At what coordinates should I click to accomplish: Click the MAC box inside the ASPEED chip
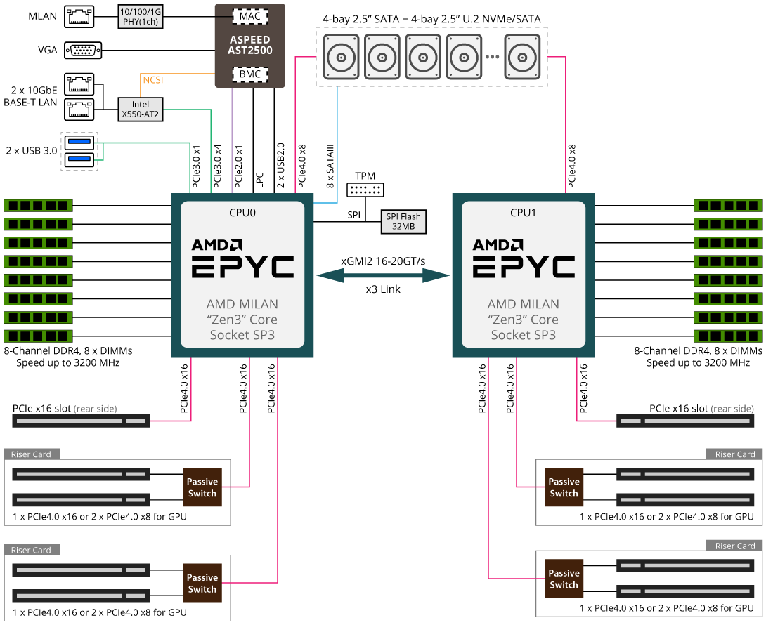[x=249, y=17]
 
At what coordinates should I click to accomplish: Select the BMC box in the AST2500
[x=249, y=74]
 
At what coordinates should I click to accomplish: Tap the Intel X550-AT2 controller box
[x=141, y=110]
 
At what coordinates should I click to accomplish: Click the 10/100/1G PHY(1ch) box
[x=141, y=17]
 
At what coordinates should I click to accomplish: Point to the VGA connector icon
[x=83, y=51]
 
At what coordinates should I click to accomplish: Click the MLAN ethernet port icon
[x=79, y=17]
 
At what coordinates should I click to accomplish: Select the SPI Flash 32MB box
[x=403, y=222]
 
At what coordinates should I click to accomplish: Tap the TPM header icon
[x=365, y=190]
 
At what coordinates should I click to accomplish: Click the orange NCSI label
[x=153, y=79]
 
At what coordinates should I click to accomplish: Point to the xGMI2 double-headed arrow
[x=383, y=276]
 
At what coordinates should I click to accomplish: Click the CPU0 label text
[x=242, y=212]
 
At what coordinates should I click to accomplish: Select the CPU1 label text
[x=524, y=212]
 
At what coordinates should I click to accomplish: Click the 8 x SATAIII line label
[x=330, y=166]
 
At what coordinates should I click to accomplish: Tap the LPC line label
[x=259, y=180]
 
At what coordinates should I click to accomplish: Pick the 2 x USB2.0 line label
[x=280, y=166]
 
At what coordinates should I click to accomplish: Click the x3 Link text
[x=383, y=289]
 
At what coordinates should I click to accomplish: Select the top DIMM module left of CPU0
[x=38, y=205]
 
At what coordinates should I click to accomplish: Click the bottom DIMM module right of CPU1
[x=728, y=336]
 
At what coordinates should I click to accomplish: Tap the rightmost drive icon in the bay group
[x=522, y=57]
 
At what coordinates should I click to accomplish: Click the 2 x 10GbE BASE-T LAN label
[x=30, y=96]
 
